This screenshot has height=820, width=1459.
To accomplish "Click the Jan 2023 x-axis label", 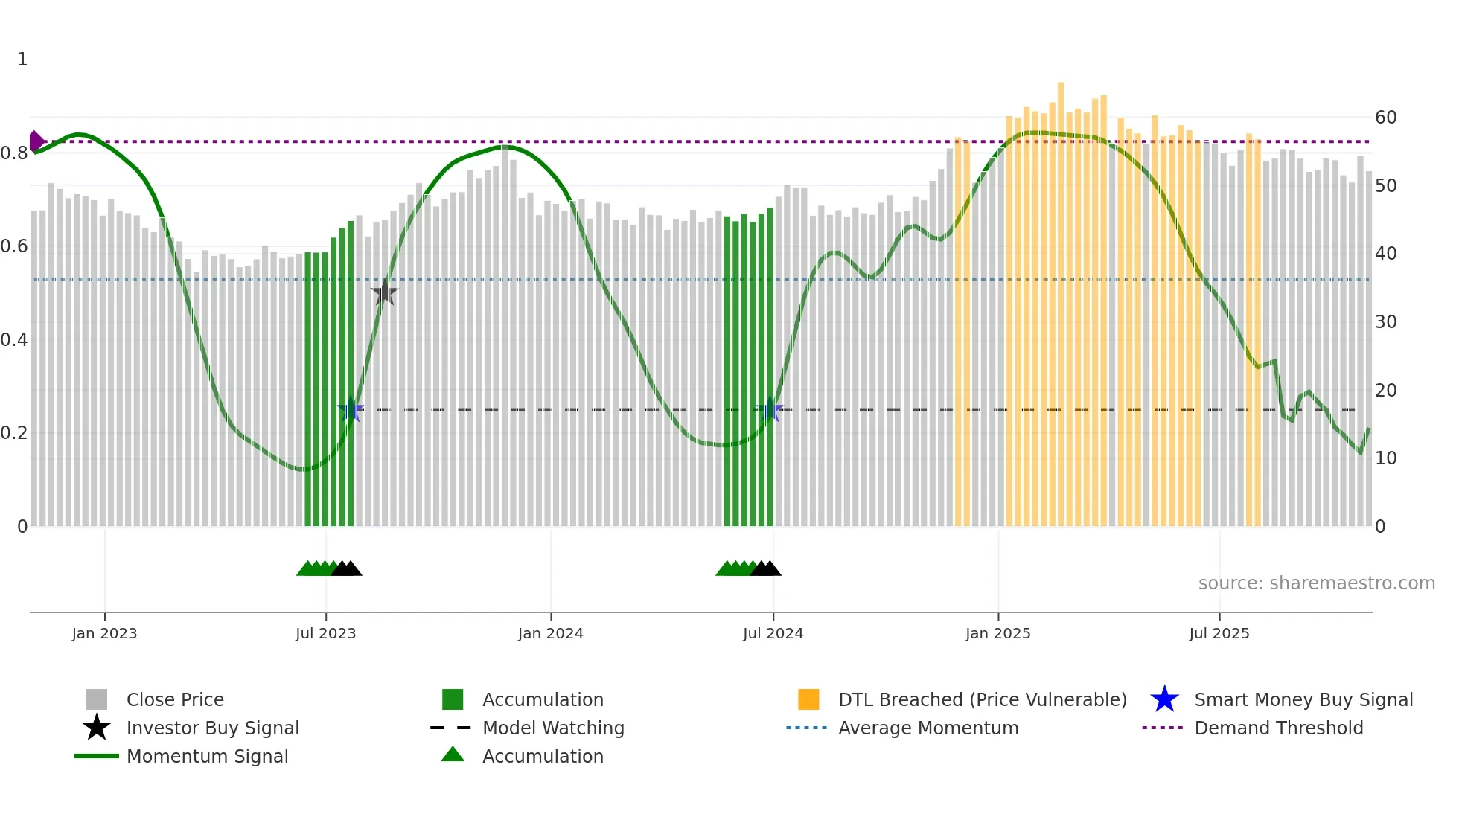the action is [x=104, y=633].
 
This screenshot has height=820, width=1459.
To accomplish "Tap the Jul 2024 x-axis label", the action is [x=773, y=633].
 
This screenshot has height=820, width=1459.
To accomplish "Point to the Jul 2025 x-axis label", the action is [x=1219, y=633].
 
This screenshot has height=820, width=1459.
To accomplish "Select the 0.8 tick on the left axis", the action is [x=14, y=153].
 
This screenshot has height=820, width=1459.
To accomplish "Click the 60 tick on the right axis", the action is [x=1385, y=118].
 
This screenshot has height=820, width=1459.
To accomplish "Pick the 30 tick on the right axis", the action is [x=1385, y=322].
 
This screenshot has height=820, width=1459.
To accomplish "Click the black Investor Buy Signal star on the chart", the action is [x=384, y=293].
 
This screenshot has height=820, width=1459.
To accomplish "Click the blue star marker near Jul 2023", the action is [x=350, y=410].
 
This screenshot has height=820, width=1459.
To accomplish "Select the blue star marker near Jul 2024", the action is [x=770, y=410].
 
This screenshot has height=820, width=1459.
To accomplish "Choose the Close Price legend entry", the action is [x=175, y=699].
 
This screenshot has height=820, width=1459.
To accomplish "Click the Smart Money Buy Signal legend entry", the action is [x=1303, y=699].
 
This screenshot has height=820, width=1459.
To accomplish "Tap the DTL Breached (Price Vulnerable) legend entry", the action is [x=982, y=699].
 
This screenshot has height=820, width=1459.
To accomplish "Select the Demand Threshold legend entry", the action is [x=1278, y=728].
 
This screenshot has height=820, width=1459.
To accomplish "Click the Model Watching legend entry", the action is [x=553, y=728].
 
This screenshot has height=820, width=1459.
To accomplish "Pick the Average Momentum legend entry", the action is [x=928, y=728].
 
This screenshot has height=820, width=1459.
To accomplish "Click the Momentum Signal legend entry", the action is [x=207, y=756].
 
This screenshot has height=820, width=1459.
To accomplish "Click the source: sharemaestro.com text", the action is [x=1316, y=583].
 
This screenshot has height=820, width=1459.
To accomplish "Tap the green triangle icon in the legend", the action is [x=453, y=755].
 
